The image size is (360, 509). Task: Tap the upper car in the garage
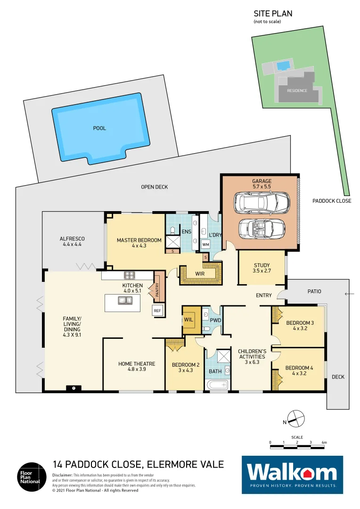pos(262,202)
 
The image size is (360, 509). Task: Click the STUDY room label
pos(262,268)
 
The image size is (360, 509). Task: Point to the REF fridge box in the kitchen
pos(157,311)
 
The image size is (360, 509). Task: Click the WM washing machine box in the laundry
pos(205,245)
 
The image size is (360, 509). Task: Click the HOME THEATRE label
pos(137,367)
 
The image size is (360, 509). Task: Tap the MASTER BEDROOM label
pos(139,243)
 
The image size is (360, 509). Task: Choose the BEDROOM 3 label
pos(300,326)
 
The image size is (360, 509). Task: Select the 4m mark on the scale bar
pos(324,443)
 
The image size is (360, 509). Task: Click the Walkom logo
pos(292,474)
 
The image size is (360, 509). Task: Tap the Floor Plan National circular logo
pos(32,476)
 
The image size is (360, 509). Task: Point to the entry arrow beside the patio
pos(349,294)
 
